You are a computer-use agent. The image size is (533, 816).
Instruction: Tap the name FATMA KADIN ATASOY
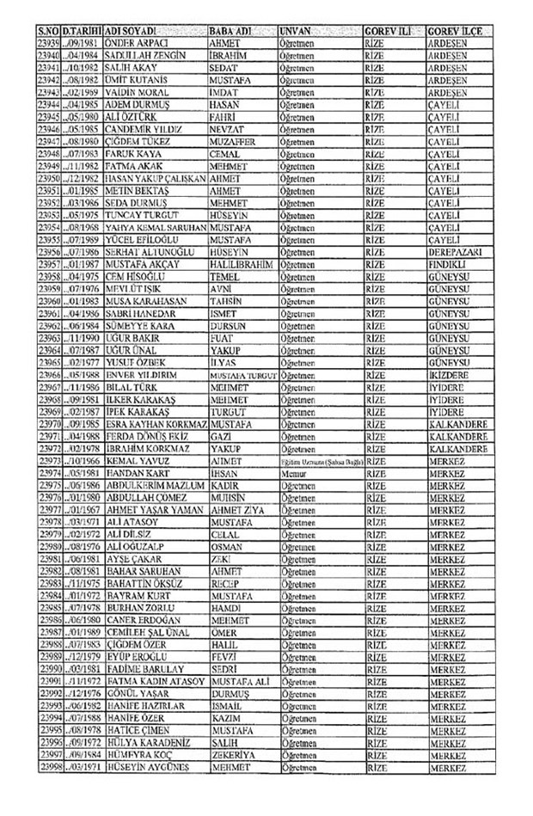coord(153,680)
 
